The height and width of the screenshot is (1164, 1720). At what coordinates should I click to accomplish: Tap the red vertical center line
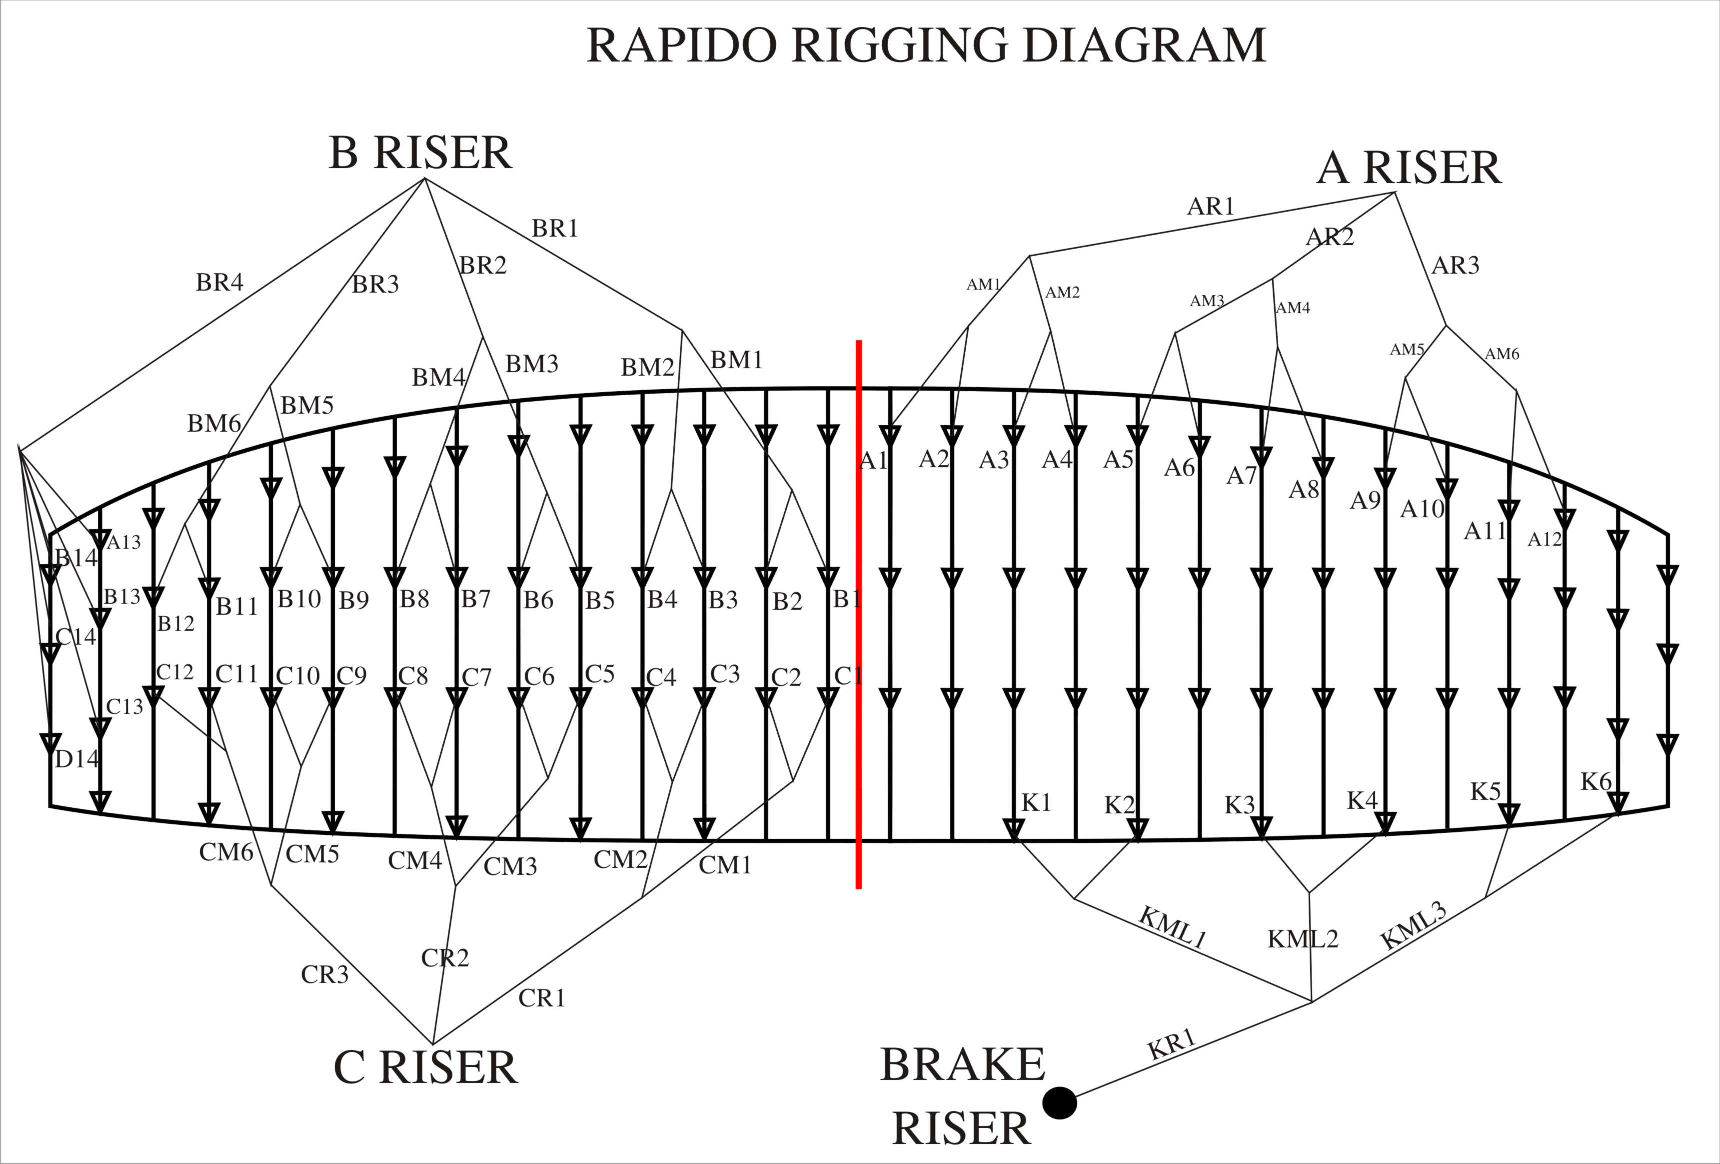pos(859,614)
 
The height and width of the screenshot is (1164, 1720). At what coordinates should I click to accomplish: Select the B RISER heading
pos(420,153)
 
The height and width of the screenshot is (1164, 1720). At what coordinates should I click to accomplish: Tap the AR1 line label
pos(1211,206)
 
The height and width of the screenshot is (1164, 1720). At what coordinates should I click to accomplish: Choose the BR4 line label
pos(220,282)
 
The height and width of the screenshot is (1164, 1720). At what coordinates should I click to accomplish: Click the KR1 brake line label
pos(1172,1044)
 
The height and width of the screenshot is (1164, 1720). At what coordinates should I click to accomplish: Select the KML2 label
pos(1303,939)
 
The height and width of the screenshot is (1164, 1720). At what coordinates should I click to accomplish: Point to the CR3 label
pos(325,974)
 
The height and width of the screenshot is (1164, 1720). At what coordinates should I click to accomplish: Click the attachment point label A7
pos(1242,475)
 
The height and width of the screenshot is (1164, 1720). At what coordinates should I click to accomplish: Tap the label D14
pos(77,758)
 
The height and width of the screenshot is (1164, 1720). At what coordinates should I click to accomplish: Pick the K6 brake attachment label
pos(1597,781)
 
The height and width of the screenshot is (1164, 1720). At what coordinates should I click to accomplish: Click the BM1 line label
pos(736,360)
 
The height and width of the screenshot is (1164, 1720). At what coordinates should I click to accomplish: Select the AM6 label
pos(1502,354)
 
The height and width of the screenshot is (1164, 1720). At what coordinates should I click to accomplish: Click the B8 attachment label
pos(414,598)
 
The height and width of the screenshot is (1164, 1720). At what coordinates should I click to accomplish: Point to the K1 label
pos(1036,802)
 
